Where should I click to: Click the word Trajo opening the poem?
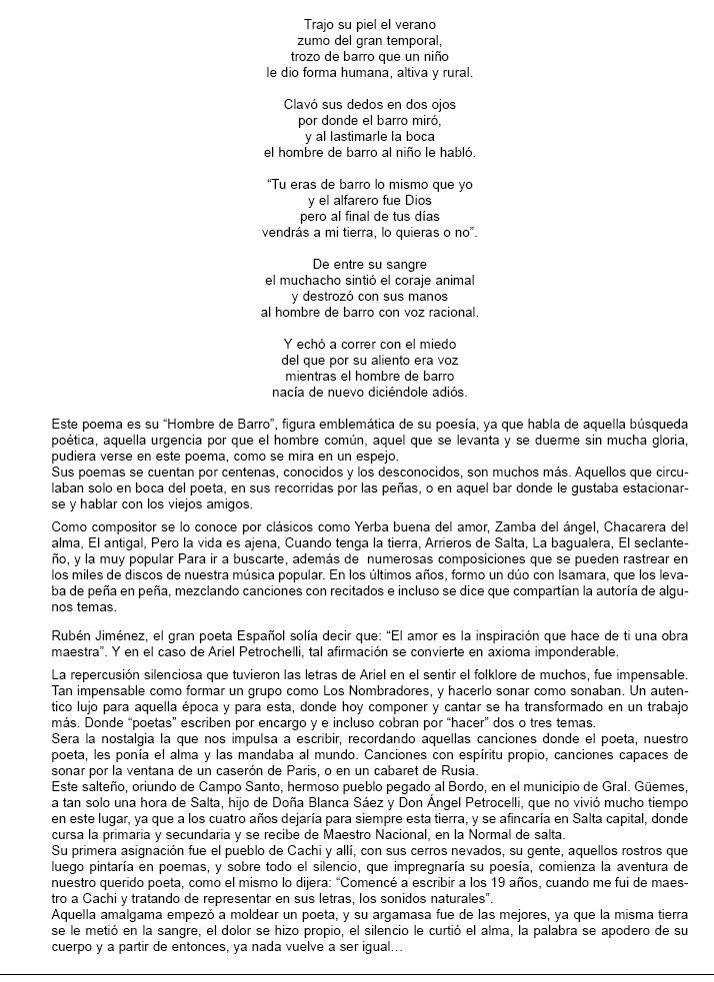(317, 23)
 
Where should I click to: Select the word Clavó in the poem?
(303, 103)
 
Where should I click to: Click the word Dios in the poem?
(415, 200)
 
